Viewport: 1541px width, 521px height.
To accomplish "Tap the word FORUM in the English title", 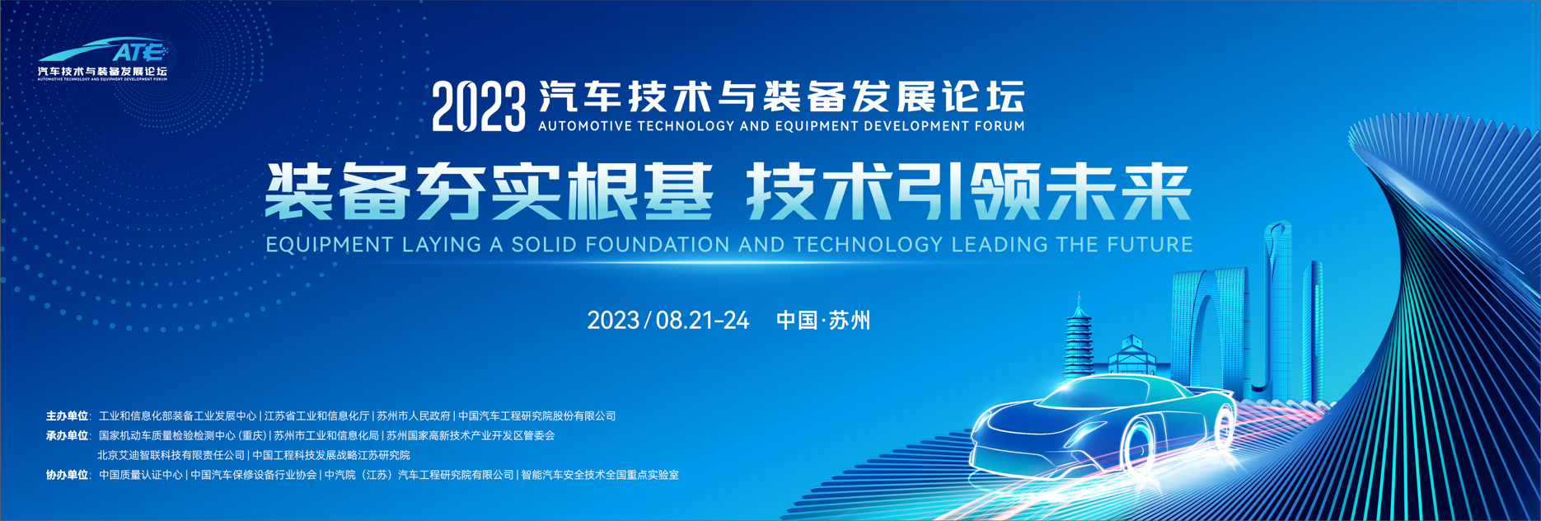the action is tap(1000, 126).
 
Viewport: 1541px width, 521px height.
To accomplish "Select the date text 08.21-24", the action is tap(703, 321).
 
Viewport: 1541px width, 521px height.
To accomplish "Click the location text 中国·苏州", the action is tap(823, 321).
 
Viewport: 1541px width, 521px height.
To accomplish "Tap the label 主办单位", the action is tap(67, 416).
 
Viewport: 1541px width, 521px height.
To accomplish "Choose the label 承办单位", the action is tap(67, 435).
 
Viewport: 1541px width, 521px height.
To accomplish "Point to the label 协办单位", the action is tap(67, 475).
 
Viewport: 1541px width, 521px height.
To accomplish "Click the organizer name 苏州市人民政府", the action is tap(414, 416).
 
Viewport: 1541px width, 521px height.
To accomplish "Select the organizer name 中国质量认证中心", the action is tap(141, 475).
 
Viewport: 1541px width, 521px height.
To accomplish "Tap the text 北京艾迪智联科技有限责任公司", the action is tap(171, 455).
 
